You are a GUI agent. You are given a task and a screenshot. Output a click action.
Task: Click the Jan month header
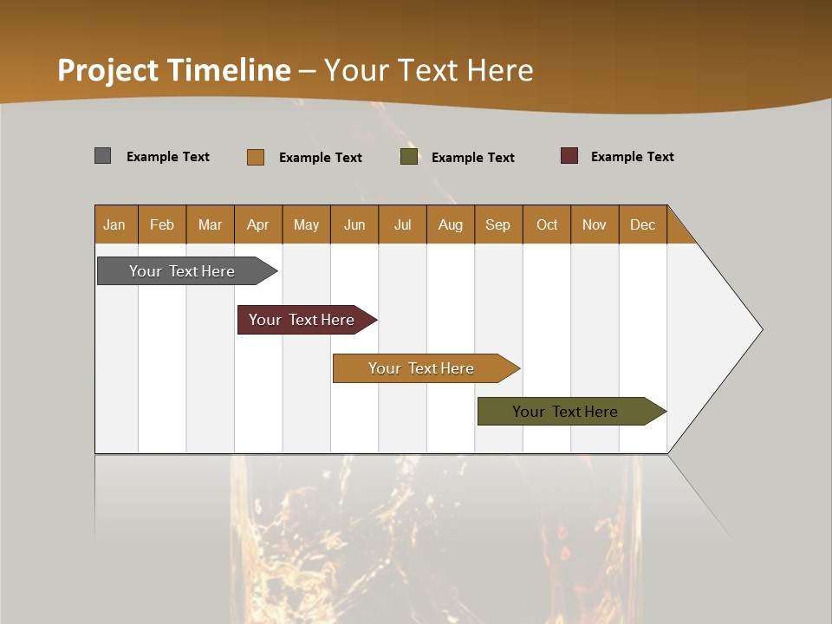[115, 224]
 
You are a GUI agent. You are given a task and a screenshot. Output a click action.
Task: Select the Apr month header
[258, 224]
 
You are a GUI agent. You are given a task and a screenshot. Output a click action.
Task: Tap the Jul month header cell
[402, 224]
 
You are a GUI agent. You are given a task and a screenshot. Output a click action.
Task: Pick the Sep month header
[498, 224]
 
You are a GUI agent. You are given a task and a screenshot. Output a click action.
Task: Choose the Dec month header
[642, 224]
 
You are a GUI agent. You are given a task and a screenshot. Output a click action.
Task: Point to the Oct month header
[547, 224]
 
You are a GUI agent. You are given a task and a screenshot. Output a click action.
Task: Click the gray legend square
[103, 156]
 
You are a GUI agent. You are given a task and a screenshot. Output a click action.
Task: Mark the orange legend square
[256, 157]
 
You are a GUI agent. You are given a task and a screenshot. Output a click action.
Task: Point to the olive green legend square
[409, 157]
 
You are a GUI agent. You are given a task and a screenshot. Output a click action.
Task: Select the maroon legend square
[569, 156]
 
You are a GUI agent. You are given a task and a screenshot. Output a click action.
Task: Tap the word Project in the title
[108, 70]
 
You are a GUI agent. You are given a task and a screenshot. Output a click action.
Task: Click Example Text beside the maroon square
[632, 157]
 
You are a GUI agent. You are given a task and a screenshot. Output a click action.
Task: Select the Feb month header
[162, 224]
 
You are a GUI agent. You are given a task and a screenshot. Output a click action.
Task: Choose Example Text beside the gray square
[168, 157]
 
